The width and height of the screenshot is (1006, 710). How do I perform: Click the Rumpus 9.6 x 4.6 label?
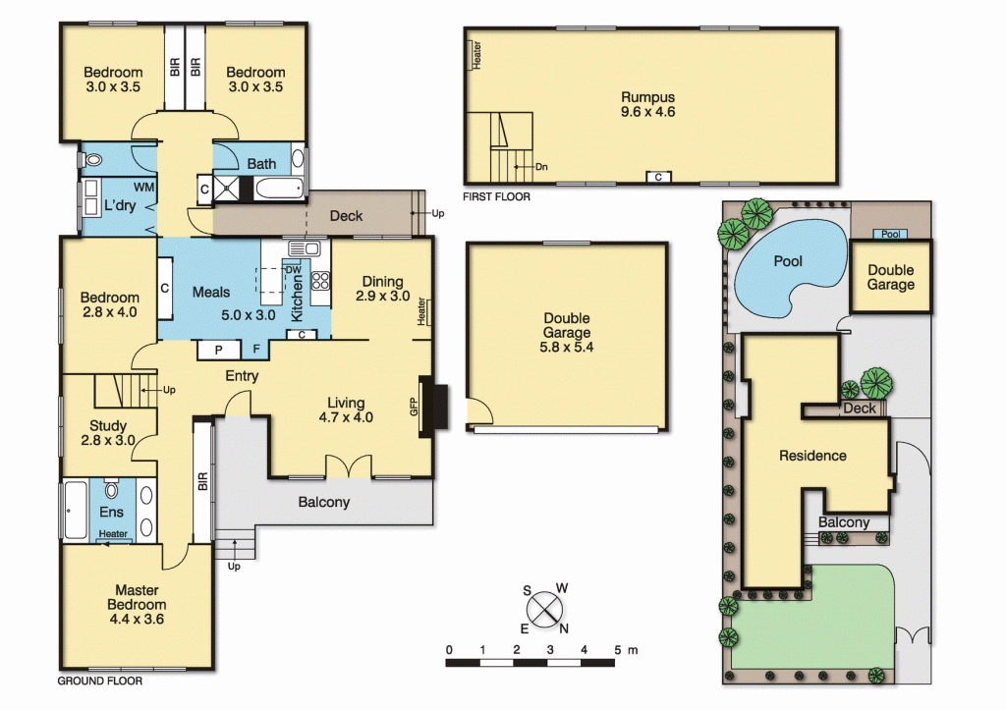pyautogui.click(x=647, y=104)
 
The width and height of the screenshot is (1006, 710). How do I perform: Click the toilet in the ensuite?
pyautogui.click(x=111, y=490)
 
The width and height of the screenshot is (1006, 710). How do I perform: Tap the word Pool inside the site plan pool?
pyautogui.click(x=788, y=262)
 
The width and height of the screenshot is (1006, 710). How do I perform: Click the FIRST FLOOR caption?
pyautogui.click(x=497, y=197)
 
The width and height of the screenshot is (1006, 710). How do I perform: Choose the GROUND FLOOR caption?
pyautogui.click(x=99, y=681)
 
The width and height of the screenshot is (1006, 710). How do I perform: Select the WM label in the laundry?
pyautogui.click(x=143, y=187)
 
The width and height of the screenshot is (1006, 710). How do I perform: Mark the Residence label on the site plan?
pyautogui.click(x=812, y=456)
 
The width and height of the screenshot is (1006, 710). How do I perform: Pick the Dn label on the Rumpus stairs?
pyautogui.click(x=541, y=167)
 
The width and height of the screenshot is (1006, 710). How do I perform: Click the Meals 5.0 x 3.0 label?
pyautogui.click(x=218, y=303)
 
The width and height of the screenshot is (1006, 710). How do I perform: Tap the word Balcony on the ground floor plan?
pyautogui.click(x=323, y=503)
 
